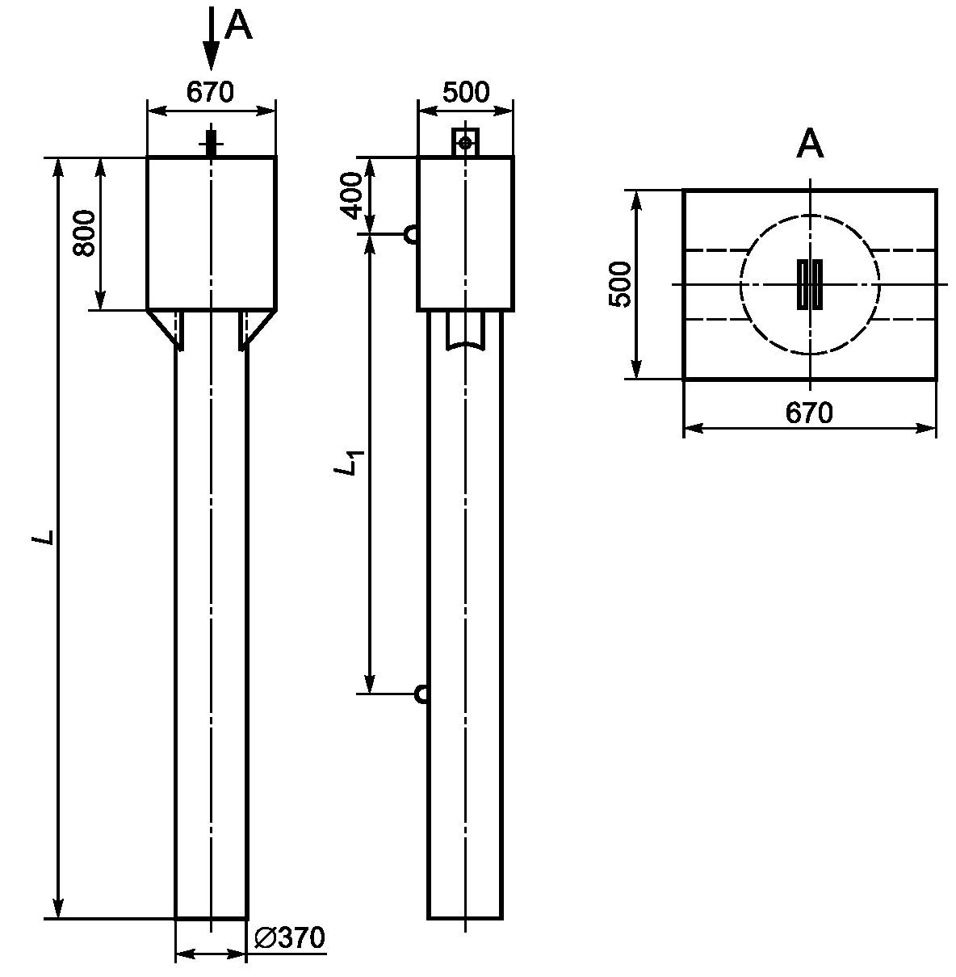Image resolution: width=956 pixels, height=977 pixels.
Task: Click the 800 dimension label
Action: pos(84,233)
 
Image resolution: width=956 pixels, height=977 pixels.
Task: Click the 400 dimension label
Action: pos(351,195)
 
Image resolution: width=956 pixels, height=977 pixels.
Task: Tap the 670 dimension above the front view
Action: pos(210,92)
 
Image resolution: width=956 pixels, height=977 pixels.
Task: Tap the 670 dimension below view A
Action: pos(809,413)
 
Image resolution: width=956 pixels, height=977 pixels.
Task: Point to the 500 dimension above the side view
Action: pos(465,92)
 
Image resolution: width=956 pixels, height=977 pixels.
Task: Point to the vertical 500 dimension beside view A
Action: pos(619,284)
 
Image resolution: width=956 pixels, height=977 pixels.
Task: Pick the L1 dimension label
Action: pos(349,463)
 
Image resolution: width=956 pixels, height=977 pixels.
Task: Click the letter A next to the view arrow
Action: pos(238,25)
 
